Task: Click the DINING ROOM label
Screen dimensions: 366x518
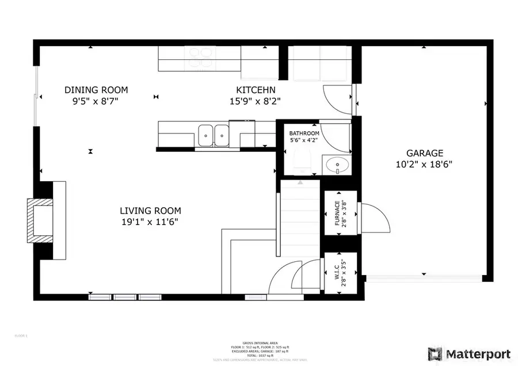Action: click(96, 90)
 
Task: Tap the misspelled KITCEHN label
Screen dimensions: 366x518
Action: click(256, 90)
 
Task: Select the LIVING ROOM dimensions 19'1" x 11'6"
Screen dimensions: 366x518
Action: click(150, 222)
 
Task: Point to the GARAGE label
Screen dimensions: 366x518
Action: click(425, 153)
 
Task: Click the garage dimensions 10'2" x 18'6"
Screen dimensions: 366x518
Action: click(425, 164)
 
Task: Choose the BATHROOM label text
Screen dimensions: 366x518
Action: click(304, 134)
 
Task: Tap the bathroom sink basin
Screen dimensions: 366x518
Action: click(335, 166)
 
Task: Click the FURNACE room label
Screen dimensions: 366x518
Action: click(336, 213)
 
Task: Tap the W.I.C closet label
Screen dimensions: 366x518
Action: click(336, 273)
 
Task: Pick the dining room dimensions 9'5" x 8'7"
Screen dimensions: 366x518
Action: click(96, 101)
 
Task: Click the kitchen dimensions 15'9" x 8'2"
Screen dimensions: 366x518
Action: click(256, 101)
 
